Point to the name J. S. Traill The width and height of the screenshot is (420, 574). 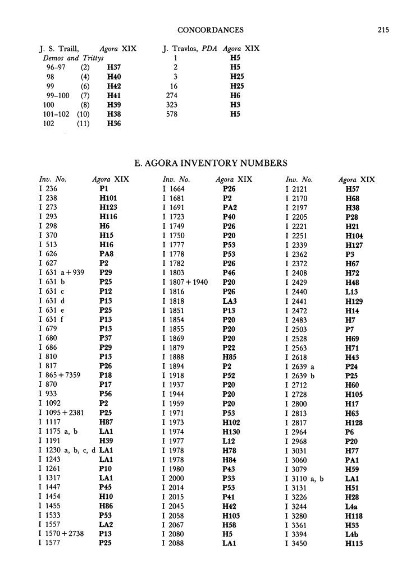(x=62, y=48)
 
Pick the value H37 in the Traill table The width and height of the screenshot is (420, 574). (x=115, y=67)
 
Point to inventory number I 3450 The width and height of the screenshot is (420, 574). (x=299, y=543)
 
